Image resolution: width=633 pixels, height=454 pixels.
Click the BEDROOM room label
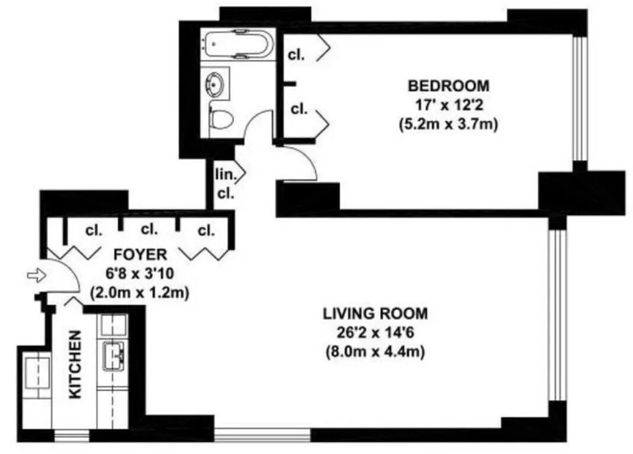pos(448,85)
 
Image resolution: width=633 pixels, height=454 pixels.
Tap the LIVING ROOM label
pos(375,312)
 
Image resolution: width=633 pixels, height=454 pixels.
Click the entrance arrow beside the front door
pos(35,274)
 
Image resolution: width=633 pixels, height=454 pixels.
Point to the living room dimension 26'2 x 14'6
pos(375,332)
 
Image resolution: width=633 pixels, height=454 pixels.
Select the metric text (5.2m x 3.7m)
pos(448,124)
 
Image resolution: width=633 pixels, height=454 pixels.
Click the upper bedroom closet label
pos(297,55)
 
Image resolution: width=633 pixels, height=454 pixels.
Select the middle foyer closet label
pos(149,229)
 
